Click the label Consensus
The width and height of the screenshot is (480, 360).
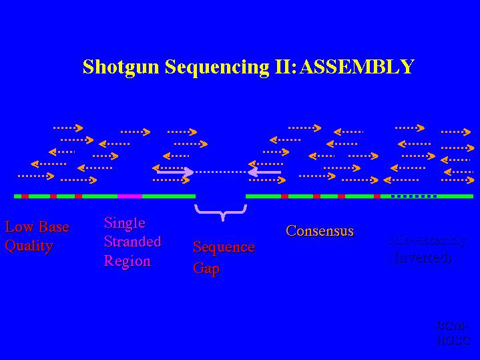tap(320, 231)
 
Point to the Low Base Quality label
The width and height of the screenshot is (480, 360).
tap(37, 236)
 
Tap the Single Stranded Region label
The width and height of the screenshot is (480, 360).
tap(132, 242)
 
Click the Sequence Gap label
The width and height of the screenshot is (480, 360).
tap(224, 258)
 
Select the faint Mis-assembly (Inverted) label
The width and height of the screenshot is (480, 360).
tap(427, 248)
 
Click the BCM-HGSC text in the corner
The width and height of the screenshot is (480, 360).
tap(453, 333)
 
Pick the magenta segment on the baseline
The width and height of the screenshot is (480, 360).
tap(130, 196)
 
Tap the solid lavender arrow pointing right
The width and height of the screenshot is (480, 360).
tap(175, 172)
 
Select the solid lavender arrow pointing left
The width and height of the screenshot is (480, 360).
tap(264, 172)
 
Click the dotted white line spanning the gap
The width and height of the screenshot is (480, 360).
tap(220, 172)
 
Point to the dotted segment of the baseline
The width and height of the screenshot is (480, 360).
tap(414, 196)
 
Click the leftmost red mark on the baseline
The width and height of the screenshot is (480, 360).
tap(25, 196)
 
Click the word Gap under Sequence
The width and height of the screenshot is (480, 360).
tap(206, 268)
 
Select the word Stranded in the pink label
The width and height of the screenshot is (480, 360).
tap(132, 242)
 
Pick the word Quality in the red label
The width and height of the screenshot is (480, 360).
tap(29, 246)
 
